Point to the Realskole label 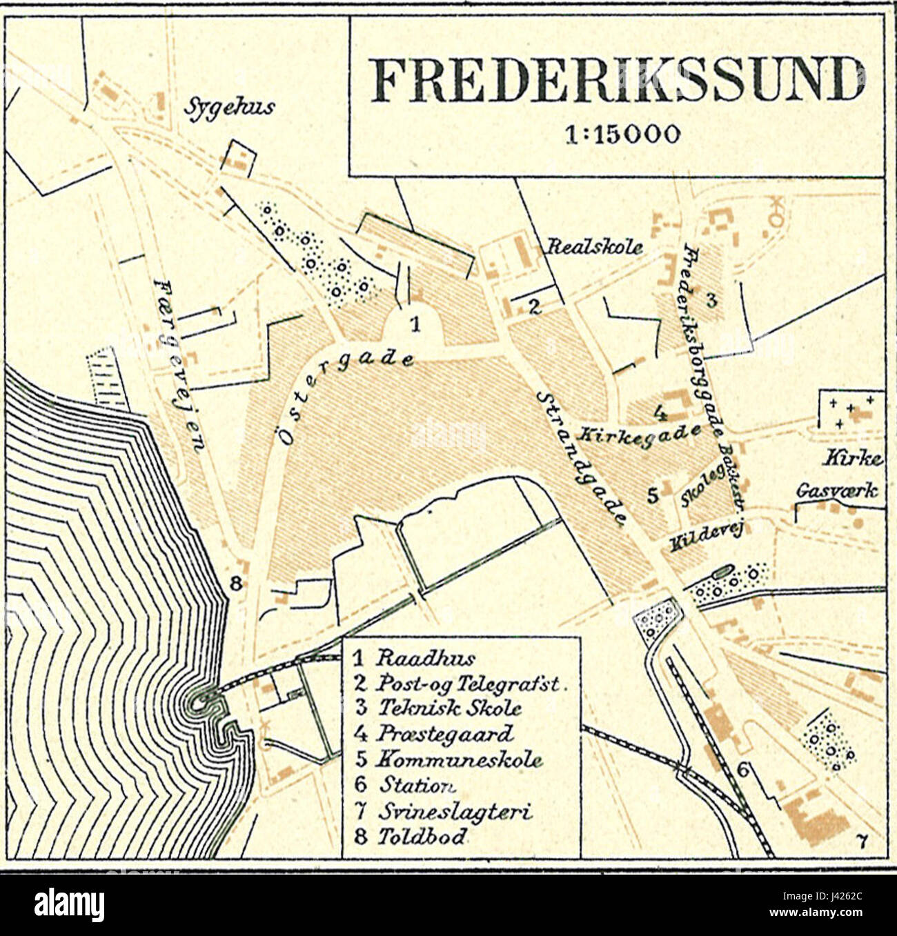(x=595, y=247)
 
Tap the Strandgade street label (x=581, y=458)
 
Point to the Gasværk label (x=837, y=491)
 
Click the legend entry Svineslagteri (x=443, y=812)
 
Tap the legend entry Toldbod (x=411, y=837)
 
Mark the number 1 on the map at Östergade (x=415, y=323)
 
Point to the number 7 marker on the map (x=860, y=839)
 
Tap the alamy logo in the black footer (x=70, y=903)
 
